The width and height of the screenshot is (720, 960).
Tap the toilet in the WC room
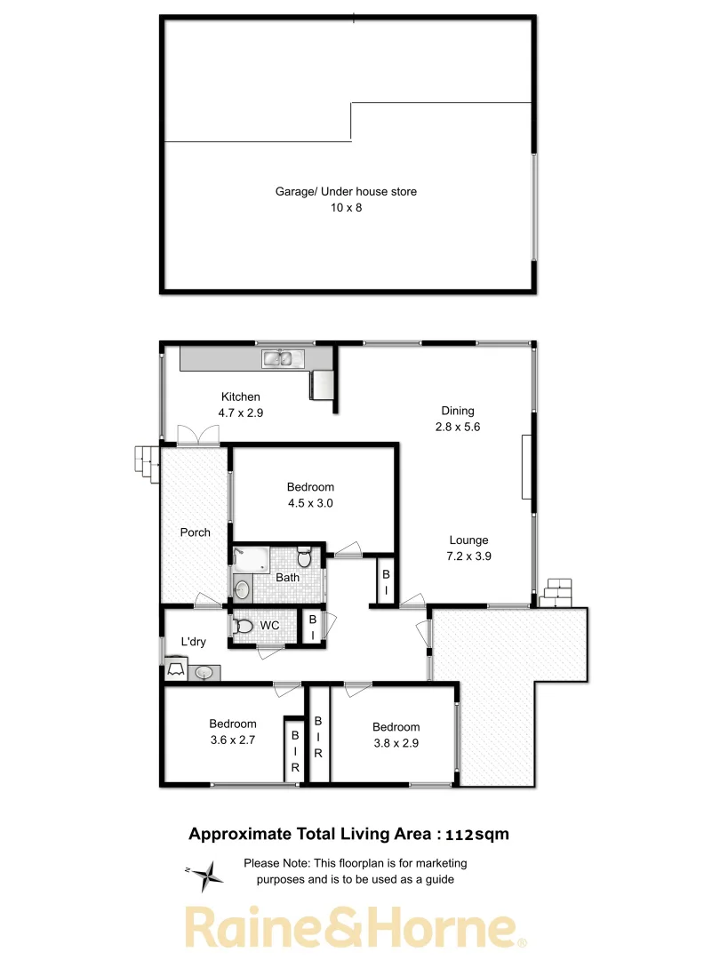[x=244, y=627]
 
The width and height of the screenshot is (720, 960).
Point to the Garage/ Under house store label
[x=345, y=191]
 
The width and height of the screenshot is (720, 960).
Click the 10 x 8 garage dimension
[x=345, y=208]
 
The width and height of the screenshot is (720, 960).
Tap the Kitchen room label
[x=241, y=397]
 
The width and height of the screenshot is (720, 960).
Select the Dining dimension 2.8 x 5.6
[x=458, y=427]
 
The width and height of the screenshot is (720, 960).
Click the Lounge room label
[x=468, y=540]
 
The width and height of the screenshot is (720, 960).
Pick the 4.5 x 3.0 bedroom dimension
[x=310, y=503]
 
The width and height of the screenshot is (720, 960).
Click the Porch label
[x=195, y=532]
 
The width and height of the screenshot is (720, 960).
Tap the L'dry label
[x=194, y=642]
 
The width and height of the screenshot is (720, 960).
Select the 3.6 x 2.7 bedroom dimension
[x=233, y=740]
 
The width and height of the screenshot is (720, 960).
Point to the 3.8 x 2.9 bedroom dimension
[x=396, y=743]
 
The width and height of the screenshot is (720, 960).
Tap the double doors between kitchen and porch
[x=196, y=436]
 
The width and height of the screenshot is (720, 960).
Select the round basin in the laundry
[x=205, y=673]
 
